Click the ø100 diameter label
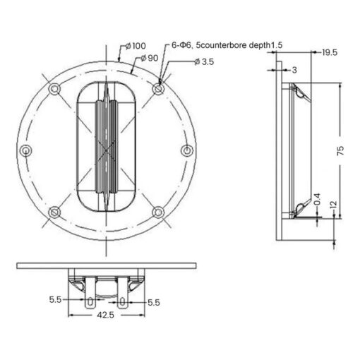(x=136, y=46)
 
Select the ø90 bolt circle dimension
(x=150, y=58)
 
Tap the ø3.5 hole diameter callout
(x=204, y=62)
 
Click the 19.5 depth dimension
(x=330, y=52)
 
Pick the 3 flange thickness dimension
(x=294, y=70)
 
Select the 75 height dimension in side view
(x=340, y=150)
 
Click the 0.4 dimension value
(x=317, y=199)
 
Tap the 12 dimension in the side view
(x=333, y=205)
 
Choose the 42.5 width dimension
(x=105, y=315)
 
